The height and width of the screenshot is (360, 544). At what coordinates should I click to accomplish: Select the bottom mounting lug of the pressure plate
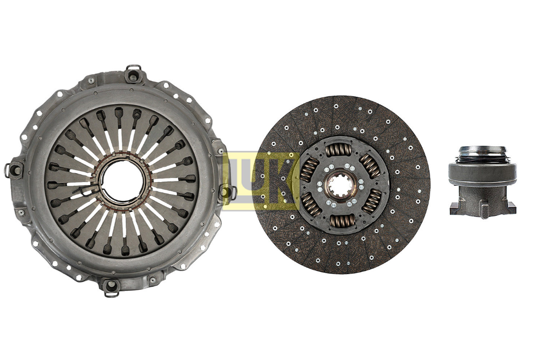click(111, 287)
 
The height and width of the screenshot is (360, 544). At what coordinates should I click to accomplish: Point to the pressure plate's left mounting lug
click(14, 170)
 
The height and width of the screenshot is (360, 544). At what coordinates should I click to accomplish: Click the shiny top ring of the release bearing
click(482, 150)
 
